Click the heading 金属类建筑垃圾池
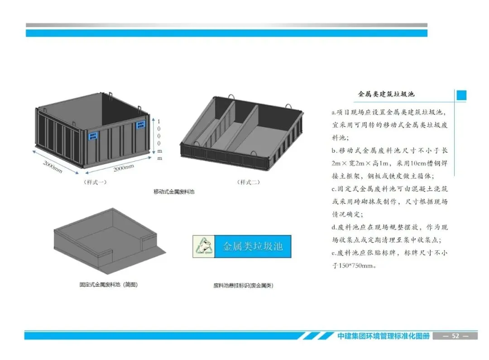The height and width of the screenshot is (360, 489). pos(386,95)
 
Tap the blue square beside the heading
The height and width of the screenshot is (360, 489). pos(461,95)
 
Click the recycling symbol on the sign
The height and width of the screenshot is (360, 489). pos(202,247)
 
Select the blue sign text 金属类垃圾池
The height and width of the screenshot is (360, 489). pos(252,247)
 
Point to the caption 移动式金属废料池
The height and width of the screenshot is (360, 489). pos(174,192)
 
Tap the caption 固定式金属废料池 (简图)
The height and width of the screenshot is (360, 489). pos(108,285)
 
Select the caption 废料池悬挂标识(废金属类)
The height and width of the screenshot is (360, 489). pos(243,286)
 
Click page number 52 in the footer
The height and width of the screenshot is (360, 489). pos(455,336)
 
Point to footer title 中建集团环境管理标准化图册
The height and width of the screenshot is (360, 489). pos(383,336)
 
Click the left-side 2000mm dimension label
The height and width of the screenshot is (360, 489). pos(53,167)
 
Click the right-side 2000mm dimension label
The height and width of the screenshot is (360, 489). pos(124,168)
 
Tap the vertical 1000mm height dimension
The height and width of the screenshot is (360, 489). pos(159,138)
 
